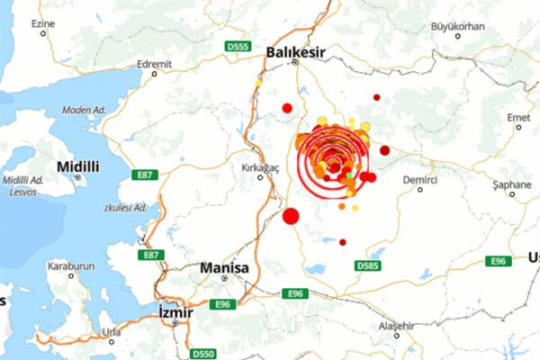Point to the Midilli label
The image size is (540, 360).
tap(77, 166)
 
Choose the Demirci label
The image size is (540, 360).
tap(419, 180)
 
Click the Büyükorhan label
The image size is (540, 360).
tap(458, 26)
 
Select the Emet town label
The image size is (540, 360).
tap(519, 117)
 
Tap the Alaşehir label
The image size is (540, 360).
tap(396, 325)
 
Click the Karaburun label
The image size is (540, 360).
tap(66, 266)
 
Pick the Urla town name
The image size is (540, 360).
tap(112, 330)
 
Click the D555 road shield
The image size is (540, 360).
tap(237, 47)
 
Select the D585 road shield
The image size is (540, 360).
tap(367, 265)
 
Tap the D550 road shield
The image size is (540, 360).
tap(204, 354)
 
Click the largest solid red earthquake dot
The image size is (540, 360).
tap(291, 216)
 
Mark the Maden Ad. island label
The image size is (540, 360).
tap(84, 110)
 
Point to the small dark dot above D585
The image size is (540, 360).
tap(343, 242)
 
